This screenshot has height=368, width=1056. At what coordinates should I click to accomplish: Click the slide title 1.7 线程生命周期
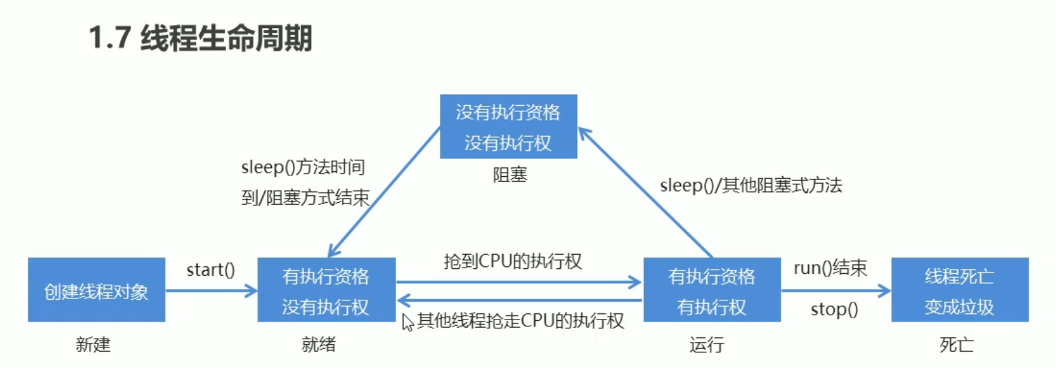click(199, 39)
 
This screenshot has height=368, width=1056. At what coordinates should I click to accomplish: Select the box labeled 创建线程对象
click(96, 289)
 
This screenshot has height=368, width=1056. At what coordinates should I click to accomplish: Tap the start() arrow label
click(210, 270)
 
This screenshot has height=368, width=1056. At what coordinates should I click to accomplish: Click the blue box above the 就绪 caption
click(326, 289)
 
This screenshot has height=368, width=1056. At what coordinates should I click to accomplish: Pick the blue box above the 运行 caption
click(712, 289)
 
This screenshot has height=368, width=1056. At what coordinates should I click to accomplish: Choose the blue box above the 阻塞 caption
click(508, 126)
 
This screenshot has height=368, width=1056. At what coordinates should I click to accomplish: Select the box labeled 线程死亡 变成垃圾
click(960, 289)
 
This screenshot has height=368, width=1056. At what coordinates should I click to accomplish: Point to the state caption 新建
click(93, 345)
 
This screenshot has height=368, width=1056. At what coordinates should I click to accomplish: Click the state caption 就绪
click(318, 345)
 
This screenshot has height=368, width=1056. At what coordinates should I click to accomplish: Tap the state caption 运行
click(706, 345)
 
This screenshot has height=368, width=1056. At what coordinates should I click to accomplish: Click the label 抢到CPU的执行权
click(512, 261)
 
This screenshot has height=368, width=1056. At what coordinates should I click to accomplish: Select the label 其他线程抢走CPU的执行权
click(521, 321)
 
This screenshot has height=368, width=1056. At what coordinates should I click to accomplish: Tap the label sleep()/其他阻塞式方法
click(751, 185)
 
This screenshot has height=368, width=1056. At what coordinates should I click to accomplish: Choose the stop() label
click(833, 309)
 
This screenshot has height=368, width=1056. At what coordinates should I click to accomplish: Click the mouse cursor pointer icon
click(408, 322)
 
